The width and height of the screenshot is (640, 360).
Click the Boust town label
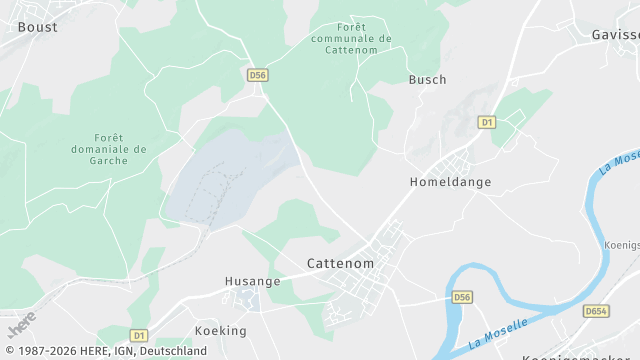tap(38, 27)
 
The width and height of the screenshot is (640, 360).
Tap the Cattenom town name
tap(340, 264)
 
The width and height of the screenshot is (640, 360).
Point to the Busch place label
tap(427, 79)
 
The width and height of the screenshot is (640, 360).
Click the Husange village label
tap(254, 282)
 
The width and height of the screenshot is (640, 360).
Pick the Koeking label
tap(221, 330)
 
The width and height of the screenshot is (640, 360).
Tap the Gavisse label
tap(615, 33)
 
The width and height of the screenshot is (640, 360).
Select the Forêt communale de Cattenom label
tap(351, 38)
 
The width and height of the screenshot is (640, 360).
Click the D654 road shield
tap(597, 311)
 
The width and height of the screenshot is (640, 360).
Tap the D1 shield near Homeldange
tap(487, 122)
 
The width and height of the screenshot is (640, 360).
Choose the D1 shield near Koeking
tap(138, 335)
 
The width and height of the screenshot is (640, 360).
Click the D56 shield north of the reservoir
tap(258, 75)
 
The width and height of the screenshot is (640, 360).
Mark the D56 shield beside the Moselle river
tap(461, 297)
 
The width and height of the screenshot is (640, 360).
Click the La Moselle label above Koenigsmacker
tap(619, 160)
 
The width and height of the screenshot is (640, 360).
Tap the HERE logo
tap(21, 325)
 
